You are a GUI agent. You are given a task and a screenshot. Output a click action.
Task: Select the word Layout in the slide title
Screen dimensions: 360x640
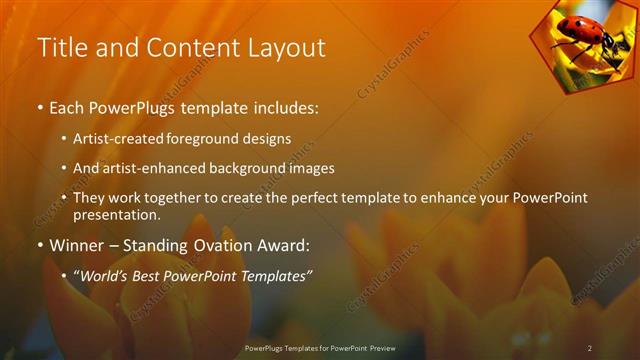point(286,47)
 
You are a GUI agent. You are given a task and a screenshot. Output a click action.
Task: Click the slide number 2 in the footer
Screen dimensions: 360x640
point(590,347)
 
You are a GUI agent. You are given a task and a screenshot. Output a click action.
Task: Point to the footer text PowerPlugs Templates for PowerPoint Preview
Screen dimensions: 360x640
point(320,347)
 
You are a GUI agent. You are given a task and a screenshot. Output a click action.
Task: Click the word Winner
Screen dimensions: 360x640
point(77,245)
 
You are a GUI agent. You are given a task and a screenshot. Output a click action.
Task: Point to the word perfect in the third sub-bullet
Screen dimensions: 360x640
point(321,197)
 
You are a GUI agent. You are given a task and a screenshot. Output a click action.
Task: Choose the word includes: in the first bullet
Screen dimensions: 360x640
point(286,107)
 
